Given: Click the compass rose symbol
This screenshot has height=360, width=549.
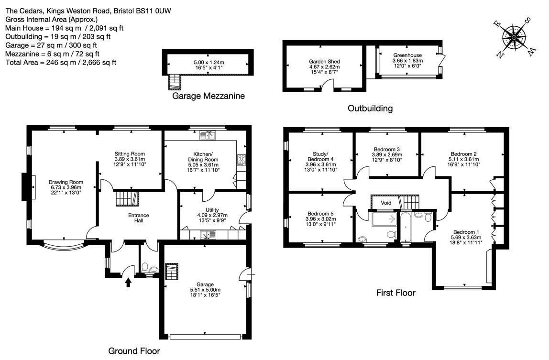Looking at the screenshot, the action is (514, 37).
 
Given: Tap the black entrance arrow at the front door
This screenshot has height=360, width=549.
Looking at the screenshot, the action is (128, 282).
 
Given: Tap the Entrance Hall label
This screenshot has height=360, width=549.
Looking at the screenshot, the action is (139, 218).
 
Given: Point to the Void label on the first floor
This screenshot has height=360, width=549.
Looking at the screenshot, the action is (386, 203).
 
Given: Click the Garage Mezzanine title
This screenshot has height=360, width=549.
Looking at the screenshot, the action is (209, 96).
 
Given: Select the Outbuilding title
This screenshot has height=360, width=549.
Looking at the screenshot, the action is (370, 108).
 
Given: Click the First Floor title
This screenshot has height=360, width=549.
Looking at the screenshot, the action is (395, 293).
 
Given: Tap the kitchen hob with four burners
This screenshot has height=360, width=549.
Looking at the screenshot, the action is (242, 160).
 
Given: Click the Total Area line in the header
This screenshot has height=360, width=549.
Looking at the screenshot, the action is (61, 63).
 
